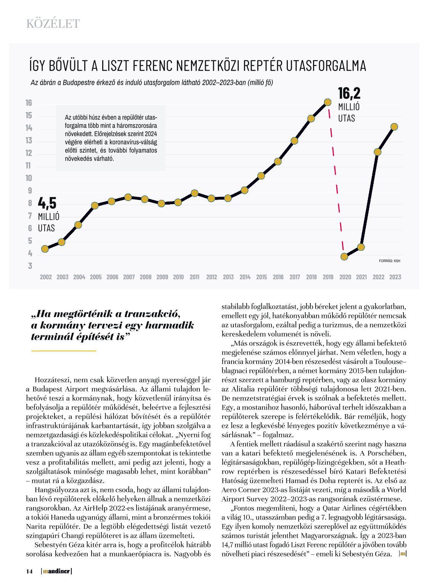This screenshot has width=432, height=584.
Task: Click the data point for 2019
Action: tap(328, 102)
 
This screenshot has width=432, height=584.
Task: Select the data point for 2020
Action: tap(344, 257)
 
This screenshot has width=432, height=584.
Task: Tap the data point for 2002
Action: tap(45, 249)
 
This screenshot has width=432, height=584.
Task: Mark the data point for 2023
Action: tap(394, 127)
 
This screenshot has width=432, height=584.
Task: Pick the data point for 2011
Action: tap(194, 193)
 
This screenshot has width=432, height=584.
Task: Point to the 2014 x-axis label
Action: tap(245, 277)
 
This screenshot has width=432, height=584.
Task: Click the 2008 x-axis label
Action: tap(145, 277)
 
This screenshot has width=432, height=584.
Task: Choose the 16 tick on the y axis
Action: tap(29, 103)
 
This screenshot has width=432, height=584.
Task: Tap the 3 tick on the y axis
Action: tap(30, 266)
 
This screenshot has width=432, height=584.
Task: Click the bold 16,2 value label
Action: tap(349, 94)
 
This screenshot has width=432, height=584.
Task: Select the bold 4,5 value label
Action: tap(47, 203)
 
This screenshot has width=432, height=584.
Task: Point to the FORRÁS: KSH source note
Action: tap(390, 261)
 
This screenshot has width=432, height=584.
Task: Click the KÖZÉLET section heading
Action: tap(53, 24)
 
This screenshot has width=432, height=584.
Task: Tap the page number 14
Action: tap(29, 571)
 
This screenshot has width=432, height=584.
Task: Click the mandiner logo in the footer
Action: tap(56, 571)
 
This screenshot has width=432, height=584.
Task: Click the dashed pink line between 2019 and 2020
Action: tap(336, 179)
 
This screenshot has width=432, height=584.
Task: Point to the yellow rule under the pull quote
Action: tap(64, 350)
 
